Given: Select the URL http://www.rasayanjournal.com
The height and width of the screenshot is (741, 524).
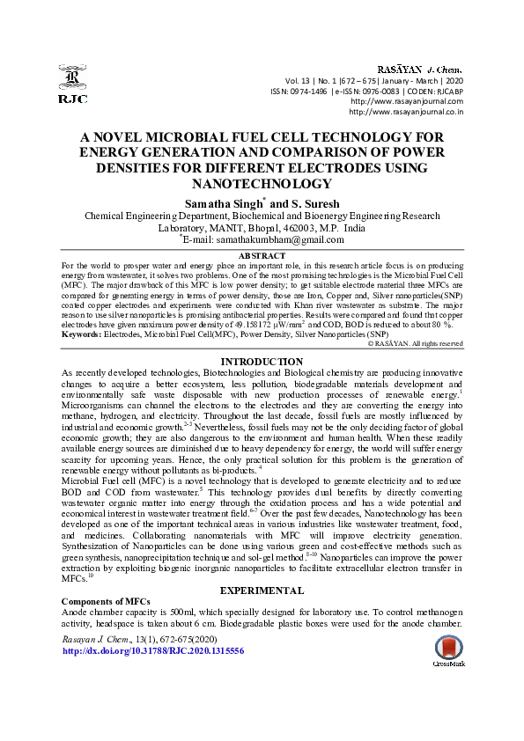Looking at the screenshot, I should [x=406, y=101].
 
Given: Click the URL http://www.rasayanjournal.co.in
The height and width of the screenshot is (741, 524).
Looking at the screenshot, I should [x=406, y=112].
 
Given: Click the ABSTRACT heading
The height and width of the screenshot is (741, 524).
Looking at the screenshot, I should [x=262, y=255].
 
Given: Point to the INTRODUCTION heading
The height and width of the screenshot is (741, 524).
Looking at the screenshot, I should [x=262, y=362].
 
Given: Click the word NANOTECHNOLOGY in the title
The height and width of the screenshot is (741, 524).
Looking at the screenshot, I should [x=262, y=184].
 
